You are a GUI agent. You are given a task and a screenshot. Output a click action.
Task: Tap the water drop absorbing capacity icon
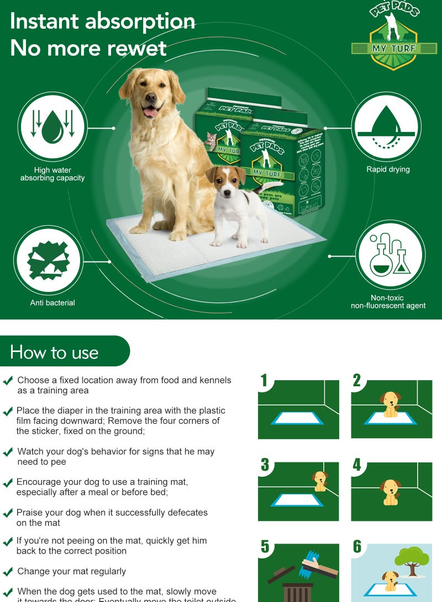[52, 126]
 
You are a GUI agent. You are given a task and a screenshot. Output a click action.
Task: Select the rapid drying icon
[386, 126]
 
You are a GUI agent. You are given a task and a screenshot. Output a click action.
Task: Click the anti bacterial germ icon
[48, 260]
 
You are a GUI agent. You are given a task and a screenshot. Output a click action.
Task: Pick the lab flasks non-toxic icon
[390, 254]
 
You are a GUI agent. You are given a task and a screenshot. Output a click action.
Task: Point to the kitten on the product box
[210, 142]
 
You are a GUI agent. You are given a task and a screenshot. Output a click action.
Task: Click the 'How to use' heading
[54, 352]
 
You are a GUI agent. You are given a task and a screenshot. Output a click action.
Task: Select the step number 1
[264, 380]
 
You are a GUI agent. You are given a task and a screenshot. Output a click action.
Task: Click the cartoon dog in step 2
[391, 403]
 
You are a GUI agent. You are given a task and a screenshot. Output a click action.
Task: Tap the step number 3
[265, 465]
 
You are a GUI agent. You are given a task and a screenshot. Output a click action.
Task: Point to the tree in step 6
[413, 558]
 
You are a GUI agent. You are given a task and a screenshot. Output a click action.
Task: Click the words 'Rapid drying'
[388, 169]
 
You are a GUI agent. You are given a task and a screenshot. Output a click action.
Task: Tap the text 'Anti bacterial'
[52, 302]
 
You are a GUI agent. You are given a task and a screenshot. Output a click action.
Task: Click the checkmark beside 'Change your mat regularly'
[8, 572]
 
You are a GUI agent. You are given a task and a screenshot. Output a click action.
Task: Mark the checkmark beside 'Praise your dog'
[8, 513]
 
